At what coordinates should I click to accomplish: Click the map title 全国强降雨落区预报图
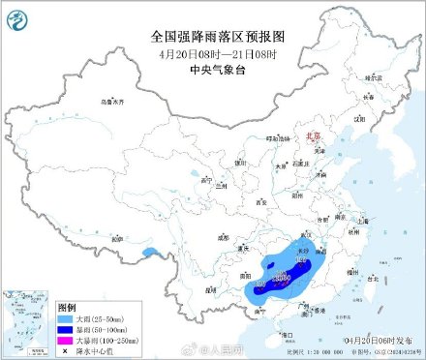pyautogui.click(x=213, y=36)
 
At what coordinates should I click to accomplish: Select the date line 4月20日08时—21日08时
pyautogui.click(x=213, y=53)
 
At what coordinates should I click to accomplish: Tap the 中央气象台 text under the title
pyautogui.click(x=213, y=69)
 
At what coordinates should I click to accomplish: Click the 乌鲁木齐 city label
pyautogui.click(x=115, y=101)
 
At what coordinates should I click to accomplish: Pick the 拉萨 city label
pyautogui.click(x=113, y=239)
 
